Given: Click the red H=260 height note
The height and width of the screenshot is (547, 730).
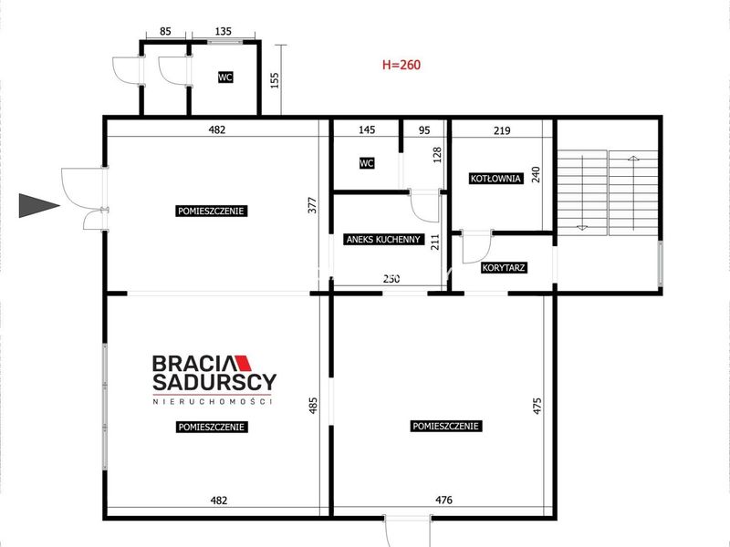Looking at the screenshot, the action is tap(401, 65).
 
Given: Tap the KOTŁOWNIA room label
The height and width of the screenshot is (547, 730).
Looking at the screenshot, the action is tap(495, 179).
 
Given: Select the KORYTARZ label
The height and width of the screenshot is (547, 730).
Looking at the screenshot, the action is tap(504, 268).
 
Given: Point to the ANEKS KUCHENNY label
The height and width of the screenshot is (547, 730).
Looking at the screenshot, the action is tap(383, 240).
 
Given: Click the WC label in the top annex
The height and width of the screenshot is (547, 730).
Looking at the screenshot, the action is tap(225, 77).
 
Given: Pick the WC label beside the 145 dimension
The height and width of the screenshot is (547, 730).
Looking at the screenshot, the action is tap(367, 163).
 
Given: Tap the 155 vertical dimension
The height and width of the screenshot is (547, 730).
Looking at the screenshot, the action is tap(275, 80).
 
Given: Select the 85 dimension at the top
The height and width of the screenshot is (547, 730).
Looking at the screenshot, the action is tap(165, 31).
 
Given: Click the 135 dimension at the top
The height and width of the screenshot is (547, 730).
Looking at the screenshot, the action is tap(223, 31).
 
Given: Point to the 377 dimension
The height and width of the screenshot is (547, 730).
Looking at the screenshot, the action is tap(312, 205).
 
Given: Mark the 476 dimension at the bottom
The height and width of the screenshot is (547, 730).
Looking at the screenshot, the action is tap(443, 500).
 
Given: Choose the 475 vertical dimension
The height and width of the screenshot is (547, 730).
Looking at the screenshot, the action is tap(537, 406).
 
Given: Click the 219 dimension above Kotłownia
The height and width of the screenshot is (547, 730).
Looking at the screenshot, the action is tap(502, 130).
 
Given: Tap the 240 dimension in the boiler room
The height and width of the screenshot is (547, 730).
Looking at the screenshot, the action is tap(536, 174).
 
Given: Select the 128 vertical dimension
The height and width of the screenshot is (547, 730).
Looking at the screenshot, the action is tap(437, 154).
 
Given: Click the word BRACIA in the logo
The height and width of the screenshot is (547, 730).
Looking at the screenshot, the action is tap(195, 363).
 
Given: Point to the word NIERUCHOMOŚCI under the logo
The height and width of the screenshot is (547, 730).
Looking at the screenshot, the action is tap(213, 401).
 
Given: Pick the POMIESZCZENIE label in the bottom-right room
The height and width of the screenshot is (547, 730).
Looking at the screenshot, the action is tap(445, 426).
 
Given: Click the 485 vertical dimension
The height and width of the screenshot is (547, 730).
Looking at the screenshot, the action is tap(313, 405).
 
